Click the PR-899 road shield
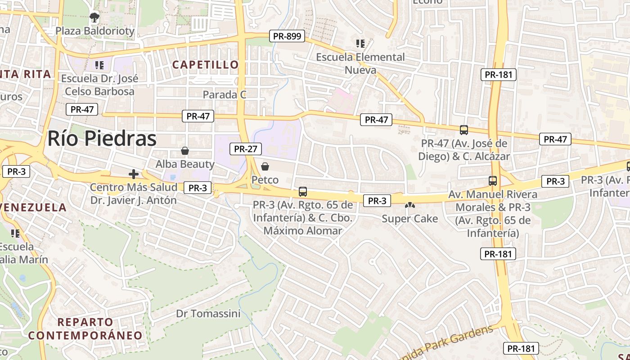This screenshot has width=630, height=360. [287, 36]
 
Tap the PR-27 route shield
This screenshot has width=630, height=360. [245, 149]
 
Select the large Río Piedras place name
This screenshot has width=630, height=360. [102, 139]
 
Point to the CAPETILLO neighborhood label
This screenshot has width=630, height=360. [206, 65]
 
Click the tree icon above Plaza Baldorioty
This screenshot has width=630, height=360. [94, 18]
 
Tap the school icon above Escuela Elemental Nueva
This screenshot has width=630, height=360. [360, 44]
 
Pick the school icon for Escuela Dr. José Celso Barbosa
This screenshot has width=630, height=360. [100, 65]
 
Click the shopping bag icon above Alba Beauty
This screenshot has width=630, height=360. [184, 151]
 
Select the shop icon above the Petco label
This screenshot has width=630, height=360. [265, 166]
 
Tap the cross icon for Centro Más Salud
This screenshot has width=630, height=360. [134, 174]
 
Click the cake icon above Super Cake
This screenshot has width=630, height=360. [409, 205]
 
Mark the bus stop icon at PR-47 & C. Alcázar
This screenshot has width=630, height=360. [464, 130]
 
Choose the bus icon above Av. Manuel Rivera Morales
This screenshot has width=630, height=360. [493, 181]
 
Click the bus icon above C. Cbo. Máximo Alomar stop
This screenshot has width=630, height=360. [303, 192]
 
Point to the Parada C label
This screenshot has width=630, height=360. [225, 95]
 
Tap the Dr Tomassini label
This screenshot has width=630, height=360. [208, 314]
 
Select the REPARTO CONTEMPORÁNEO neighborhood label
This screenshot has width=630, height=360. [85, 329]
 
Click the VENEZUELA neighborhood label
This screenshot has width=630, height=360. [33, 208]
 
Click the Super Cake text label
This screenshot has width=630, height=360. [409, 219]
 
